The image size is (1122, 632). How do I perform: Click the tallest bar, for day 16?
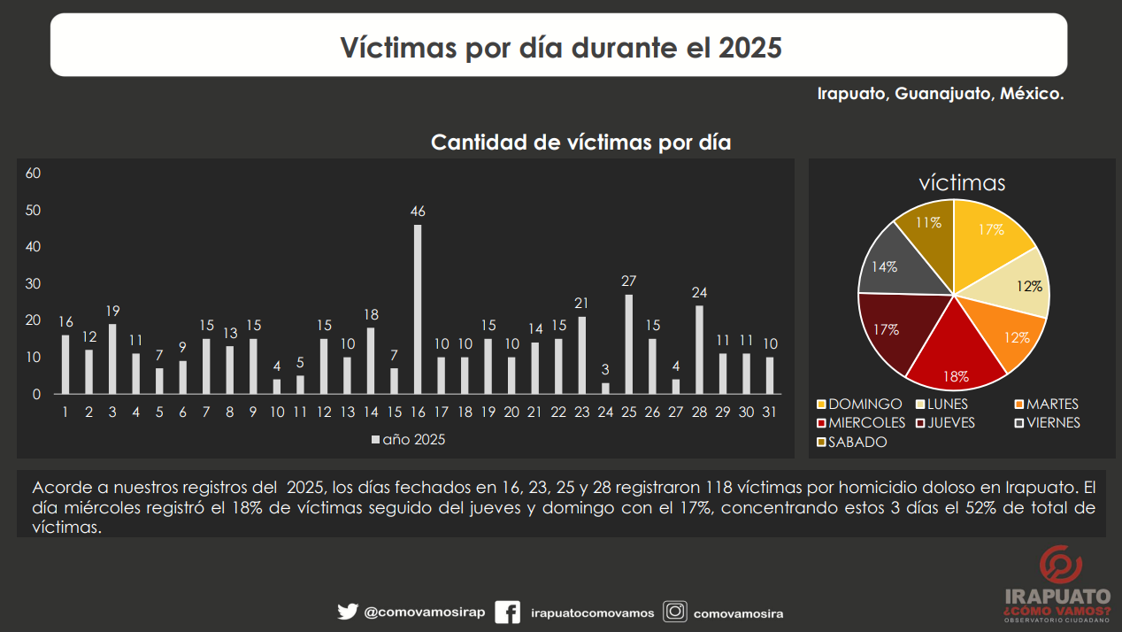pyautogui.click(x=418, y=309)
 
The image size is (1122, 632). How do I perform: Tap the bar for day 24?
pyautogui.click(x=605, y=389)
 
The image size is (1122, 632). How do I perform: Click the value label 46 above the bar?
pyautogui.click(x=418, y=212)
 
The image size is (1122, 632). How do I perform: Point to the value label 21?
pyautogui.click(x=581, y=304)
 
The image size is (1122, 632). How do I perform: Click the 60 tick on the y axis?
pyautogui.click(x=34, y=173)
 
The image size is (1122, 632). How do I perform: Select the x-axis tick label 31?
pyautogui.click(x=769, y=412)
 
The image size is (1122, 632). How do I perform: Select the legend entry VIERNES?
pyautogui.click(x=1047, y=423)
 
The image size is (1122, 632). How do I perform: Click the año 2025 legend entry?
pyautogui.click(x=408, y=439)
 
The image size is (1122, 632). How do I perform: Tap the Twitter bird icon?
pyautogui.click(x=347, y=612)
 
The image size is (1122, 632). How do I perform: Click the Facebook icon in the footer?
pyautogui.click(x=507, y=613)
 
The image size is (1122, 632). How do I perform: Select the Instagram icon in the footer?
pyautogui.click(x=675, y=612)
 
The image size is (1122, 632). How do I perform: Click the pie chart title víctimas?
pyautogui.click(x=962, y=183)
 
